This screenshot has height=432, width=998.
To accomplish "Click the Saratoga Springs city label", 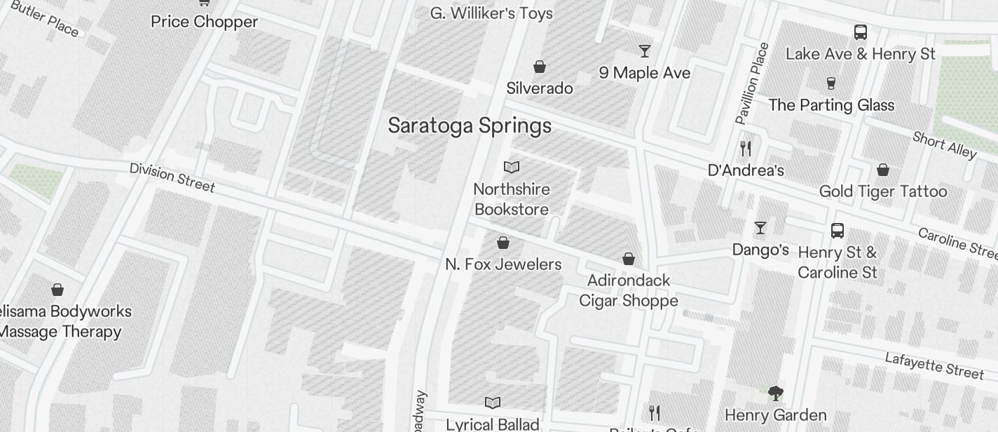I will pyautogui.click(x=470, y=126).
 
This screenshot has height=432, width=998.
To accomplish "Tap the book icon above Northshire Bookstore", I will pyautogui.click(x=512, y=167).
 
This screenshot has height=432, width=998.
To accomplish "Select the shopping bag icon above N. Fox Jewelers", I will pyautogui.click(x=503, y=243).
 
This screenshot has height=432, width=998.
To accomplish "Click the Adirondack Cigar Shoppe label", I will pyautogui.click(x=628, y=290).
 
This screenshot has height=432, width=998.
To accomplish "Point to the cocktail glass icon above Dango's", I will pyautogui.click(x=760, y=227).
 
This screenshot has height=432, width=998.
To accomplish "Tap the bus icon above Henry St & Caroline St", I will pyautogui.click(x=837, y=230).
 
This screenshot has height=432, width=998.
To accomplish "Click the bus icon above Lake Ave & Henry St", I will pyautogui.click(x=860, y=32).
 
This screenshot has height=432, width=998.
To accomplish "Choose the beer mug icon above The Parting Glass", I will pyautogui.click(x=831, y=83).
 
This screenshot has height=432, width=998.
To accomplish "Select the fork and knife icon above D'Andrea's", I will pyautogui.click(x=746, y=149).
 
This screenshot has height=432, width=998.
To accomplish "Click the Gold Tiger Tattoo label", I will pyautogui.click(x=882, y=191).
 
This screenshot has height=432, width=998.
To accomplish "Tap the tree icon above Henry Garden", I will pyautogui.click(x=775, y=393).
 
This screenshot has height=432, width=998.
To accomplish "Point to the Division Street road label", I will pyautogui.click(x=172, y=177).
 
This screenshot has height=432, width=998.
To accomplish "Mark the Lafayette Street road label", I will pyautogui.click(x=934, y=365).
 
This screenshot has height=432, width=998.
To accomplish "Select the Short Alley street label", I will pyautogui.click(x=944, y=145).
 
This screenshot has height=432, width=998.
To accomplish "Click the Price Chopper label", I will pyautogui.click(x=204, y=22).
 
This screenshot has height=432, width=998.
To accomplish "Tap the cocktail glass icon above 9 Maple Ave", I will pyautogui.click(x=644, y=51).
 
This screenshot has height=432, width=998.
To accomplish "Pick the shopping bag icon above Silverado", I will pyautogui.click(x=539, y=67).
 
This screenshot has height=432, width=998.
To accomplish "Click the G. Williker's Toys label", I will pyautogui.click(x=491, y=13).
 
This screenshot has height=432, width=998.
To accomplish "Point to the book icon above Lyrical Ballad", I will pyautogui.click(x=493, y=403).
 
